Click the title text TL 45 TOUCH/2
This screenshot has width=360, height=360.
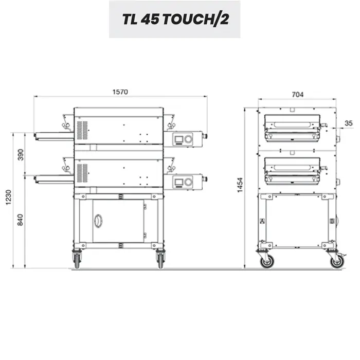point(176,20)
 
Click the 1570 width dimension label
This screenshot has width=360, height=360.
point(120,92)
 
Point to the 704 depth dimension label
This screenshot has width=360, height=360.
point(298,95)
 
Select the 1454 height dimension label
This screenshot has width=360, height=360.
point(240,185)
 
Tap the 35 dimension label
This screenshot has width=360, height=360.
point(349,123)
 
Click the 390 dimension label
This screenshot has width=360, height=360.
point(21,155)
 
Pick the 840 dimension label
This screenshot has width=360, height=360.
point(21,220)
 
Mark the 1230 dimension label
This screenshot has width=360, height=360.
point(9,197)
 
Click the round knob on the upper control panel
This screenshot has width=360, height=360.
point(188,139)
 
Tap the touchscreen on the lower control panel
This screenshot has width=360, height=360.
point(178,182)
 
